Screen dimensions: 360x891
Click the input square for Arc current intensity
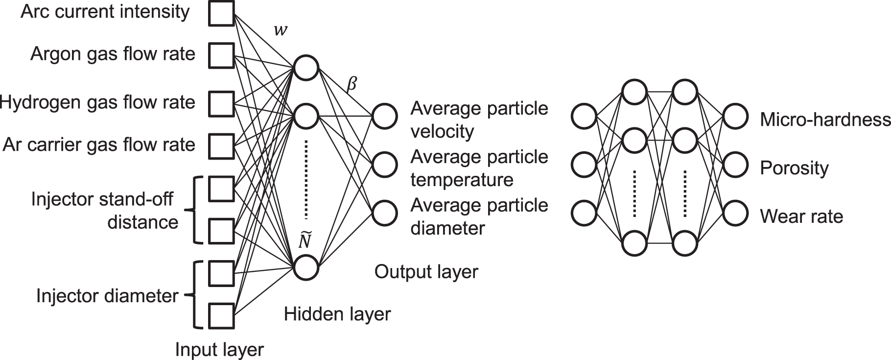221,13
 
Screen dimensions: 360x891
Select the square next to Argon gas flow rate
221,55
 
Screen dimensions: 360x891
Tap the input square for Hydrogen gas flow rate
221,104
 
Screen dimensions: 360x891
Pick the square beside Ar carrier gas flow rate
221,145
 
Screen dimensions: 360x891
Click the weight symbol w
281,30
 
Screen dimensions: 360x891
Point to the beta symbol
352,85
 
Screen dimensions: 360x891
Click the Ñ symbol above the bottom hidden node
305,240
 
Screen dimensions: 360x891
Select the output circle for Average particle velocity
384,116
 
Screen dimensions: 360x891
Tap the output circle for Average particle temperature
384,165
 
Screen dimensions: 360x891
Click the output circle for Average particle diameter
384,213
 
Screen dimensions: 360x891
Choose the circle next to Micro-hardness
735,117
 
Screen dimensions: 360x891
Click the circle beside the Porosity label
735,165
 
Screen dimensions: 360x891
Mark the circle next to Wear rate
735,214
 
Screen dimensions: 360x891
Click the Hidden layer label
337,314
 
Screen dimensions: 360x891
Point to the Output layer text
426,272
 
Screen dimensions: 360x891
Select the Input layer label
219,350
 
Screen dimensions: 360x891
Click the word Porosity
794,168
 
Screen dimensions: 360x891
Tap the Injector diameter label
107,296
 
